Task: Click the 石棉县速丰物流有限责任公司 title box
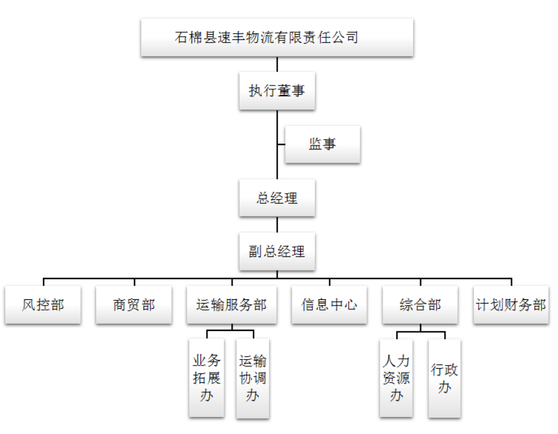tap(277, 37)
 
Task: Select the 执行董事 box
tap(277, 90)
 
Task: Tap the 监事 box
tap(322, 144)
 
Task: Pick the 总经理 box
tap(277, 198)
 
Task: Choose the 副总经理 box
tap(277, 251)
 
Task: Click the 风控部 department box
tap(43, 305)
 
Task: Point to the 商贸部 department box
tap(134, 305)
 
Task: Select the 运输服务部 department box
tap(231, 305)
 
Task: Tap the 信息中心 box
tap(329, 305)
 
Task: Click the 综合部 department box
tap(420, 305)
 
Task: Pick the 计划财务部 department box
tap(511, 305)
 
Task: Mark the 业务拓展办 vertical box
tap(207, 378)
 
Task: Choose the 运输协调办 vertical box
tap(253, 378)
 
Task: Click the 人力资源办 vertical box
tap(396, 378)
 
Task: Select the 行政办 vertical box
tap(444, 378)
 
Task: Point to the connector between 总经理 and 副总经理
tap(277, 225)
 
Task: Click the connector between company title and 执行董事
tap(277, 65)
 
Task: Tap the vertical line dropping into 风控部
tap(43, 282)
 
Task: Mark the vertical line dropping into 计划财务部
tap(511, 282)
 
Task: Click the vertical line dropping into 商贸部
tap(134, 282)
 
